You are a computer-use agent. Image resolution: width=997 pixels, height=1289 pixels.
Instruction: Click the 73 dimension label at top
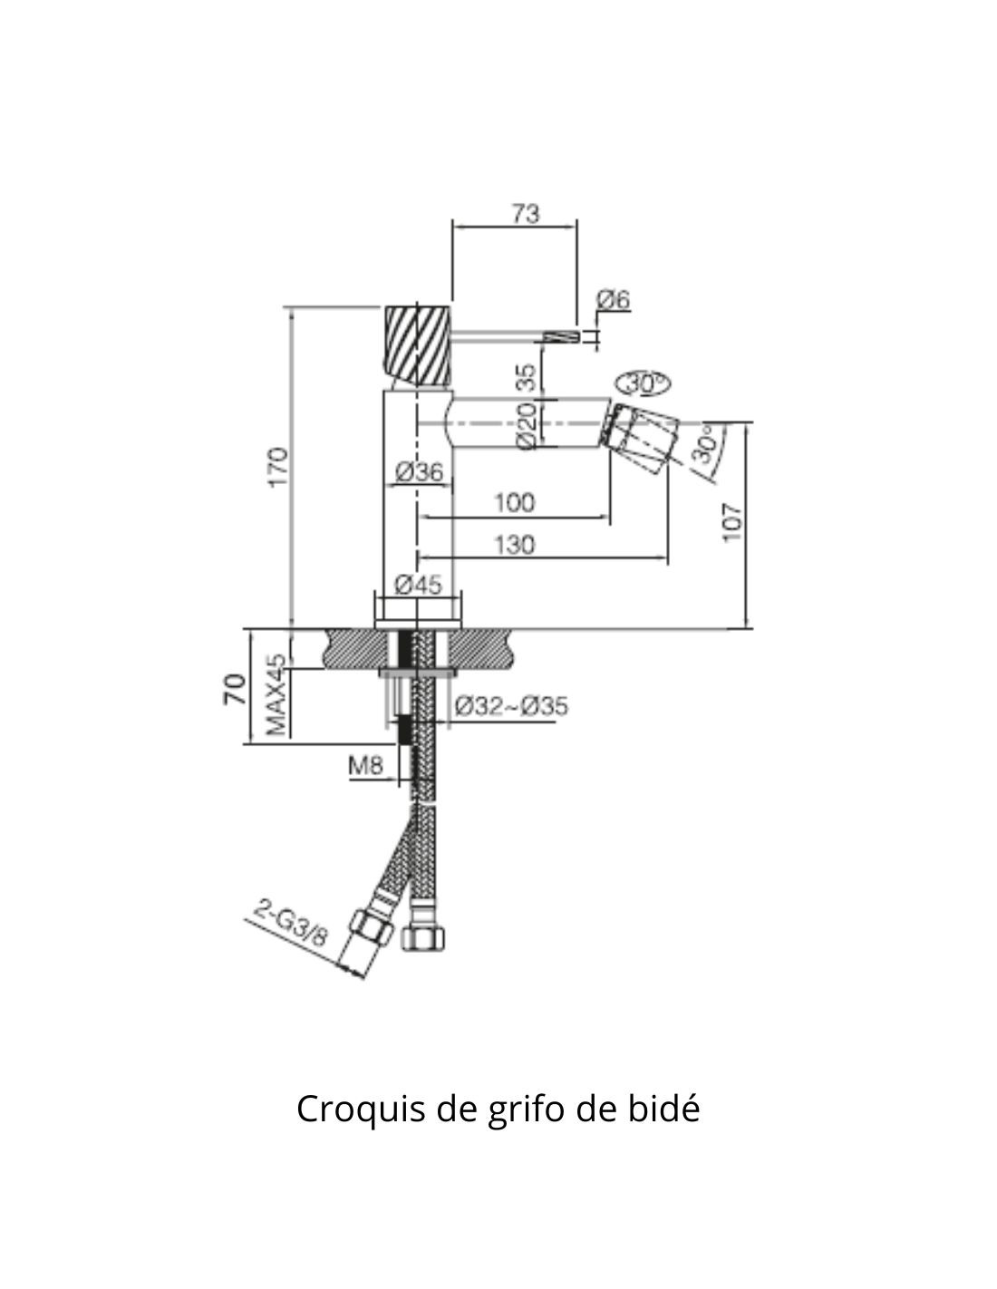tap(525, 214)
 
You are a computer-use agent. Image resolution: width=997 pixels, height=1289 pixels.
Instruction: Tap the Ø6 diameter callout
tap(613, 299)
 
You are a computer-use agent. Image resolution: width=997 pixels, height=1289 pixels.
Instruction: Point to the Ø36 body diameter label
tap(419, 471)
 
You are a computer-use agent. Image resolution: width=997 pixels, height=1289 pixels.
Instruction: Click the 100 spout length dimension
tap(514, 502)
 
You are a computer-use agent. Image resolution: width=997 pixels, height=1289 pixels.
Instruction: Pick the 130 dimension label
tap(514, 545)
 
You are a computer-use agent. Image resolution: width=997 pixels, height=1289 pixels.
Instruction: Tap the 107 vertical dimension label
tap(731, 522)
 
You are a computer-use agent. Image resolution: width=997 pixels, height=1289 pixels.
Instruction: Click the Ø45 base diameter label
tap(419, 585)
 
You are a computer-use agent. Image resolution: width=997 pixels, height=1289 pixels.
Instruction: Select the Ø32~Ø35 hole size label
tap(512, 704)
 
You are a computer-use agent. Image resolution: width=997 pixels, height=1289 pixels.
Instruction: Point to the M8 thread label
tap(365, 766)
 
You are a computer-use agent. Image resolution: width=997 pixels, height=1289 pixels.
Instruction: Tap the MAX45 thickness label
tap(276, 695)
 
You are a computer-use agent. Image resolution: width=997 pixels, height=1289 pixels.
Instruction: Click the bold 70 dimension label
tap(234, 689)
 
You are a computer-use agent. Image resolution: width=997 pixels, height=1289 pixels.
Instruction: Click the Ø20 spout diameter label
tap(525, 423)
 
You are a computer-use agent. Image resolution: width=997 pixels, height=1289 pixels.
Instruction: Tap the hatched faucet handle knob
tap(418, 343)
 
